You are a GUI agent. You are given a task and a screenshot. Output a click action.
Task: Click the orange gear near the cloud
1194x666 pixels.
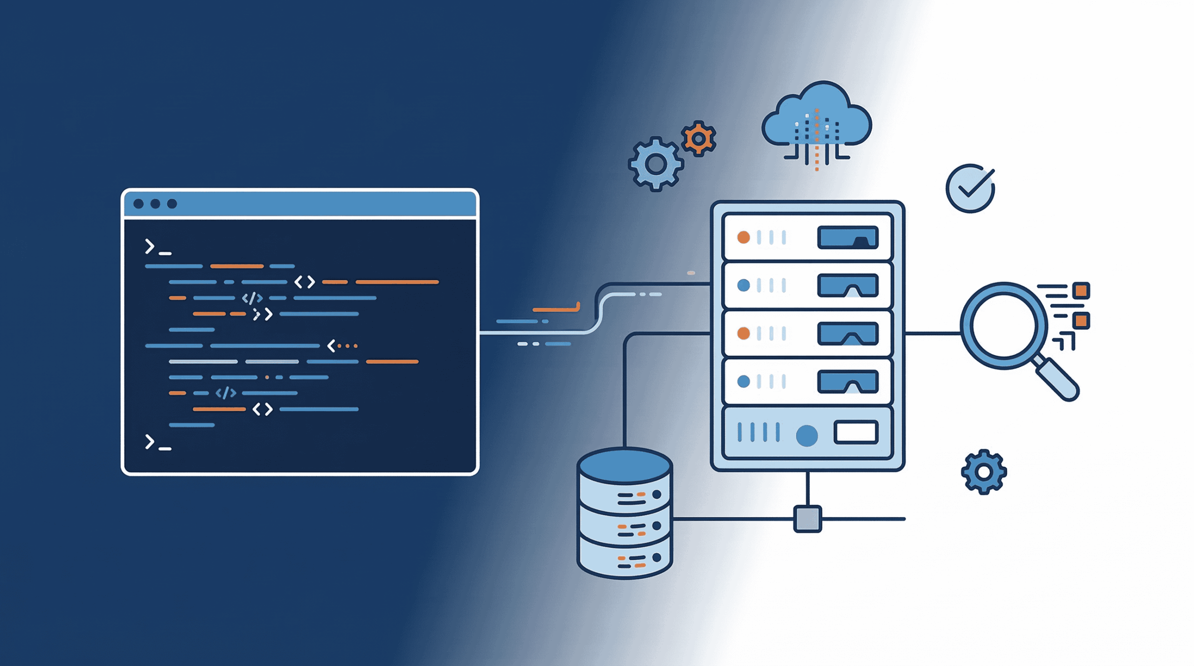click(x=698, y=139)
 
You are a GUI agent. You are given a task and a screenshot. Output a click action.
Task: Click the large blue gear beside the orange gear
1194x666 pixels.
click(x=656, y=164)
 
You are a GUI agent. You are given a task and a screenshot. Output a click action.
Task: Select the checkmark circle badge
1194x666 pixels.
click(x=970, y=188)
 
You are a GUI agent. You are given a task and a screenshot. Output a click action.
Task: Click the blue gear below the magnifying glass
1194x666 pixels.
click(x=984, y=472)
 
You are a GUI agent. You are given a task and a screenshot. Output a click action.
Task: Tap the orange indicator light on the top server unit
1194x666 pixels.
click(x=743, y=237)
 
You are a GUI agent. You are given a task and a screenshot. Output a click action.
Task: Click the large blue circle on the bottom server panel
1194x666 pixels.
click(x=806, y=436)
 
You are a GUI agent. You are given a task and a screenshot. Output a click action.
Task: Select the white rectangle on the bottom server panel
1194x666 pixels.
click(x=856, y=432)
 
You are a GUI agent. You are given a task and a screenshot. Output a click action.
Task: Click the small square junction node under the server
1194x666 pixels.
click(x=807, y=519)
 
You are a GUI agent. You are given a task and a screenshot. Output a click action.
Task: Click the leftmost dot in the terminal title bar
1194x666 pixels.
click(x=139, y=204)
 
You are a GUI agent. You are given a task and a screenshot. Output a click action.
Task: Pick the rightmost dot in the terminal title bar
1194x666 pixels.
click(x=172, y=204)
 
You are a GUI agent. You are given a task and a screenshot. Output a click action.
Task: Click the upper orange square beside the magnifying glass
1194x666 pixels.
click(x=1081, y=291)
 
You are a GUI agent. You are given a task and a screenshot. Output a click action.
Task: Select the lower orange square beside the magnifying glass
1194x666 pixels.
click(x=1081, y=321)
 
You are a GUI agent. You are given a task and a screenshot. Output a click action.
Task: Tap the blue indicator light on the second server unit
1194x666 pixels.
click(x=743, y=285)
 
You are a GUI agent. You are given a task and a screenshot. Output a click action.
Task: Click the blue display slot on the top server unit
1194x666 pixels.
click(x=847, y=237)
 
